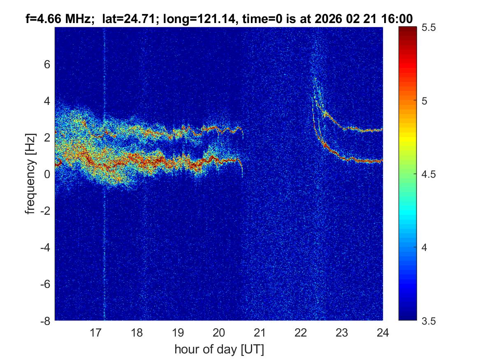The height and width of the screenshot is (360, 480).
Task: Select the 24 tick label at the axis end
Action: coord(383,332)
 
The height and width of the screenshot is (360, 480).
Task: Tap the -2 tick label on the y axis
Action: coord(45,211)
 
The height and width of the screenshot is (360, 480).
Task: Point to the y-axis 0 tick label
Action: coord(47,174)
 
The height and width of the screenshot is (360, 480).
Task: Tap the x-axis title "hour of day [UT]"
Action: coord(219,350)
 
